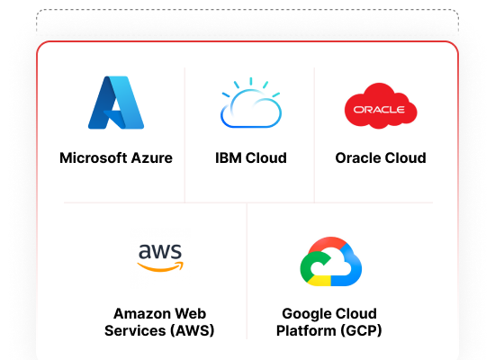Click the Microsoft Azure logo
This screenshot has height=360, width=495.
[x=116, y=103]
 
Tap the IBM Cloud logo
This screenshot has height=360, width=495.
[x=251, y=103]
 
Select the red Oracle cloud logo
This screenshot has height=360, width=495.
[x=381, y=106]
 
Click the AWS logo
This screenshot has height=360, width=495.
[x=160, y=257]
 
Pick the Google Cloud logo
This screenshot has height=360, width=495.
[x=331, y=262]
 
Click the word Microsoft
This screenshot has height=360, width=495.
[x=93, y=157]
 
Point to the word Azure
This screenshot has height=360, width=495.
[x=152, y=157]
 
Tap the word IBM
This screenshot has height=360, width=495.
[x=229, y=157]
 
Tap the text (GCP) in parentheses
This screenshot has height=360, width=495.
[x=361, y=330]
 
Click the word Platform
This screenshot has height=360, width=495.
[x=306, y=330]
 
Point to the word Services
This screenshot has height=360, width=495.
[x=135, y=330]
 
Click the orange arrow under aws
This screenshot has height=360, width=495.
[x=160, y=266]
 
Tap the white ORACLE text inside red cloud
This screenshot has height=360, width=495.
[x=379, y=110]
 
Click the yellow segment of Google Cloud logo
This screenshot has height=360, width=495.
[x=319, y=281]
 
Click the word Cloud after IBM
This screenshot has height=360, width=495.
[x=266, y=157]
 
